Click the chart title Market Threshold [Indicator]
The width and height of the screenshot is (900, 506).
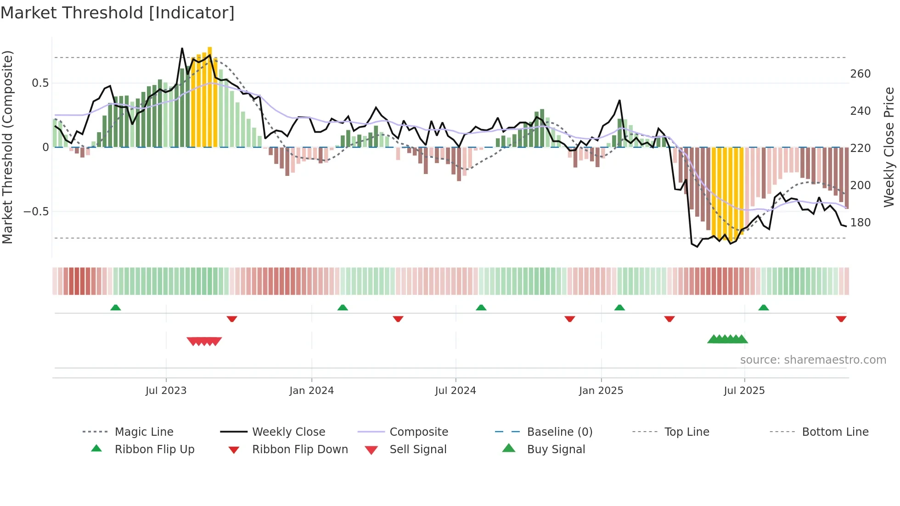click(118, 13)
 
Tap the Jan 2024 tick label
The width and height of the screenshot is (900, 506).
click(311, 391)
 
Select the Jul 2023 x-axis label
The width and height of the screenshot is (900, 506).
click(166, 391)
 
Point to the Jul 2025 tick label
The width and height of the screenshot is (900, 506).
click(744, 391)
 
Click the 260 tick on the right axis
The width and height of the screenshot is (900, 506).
click(860, 74)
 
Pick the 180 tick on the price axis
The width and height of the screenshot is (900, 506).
click(860, 223)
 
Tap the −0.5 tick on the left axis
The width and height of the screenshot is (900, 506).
click(36, 212)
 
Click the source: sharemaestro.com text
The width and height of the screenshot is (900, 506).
click(813, 360)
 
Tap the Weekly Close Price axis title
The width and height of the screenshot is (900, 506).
click(889, 147)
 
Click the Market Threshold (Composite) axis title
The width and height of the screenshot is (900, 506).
click(7, 147)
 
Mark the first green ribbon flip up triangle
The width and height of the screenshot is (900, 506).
click(116, 308)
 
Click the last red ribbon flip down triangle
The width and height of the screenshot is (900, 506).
click(841, 319)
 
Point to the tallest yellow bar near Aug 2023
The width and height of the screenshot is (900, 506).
click(210, 96)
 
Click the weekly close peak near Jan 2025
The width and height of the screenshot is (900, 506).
click(619, 101)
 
